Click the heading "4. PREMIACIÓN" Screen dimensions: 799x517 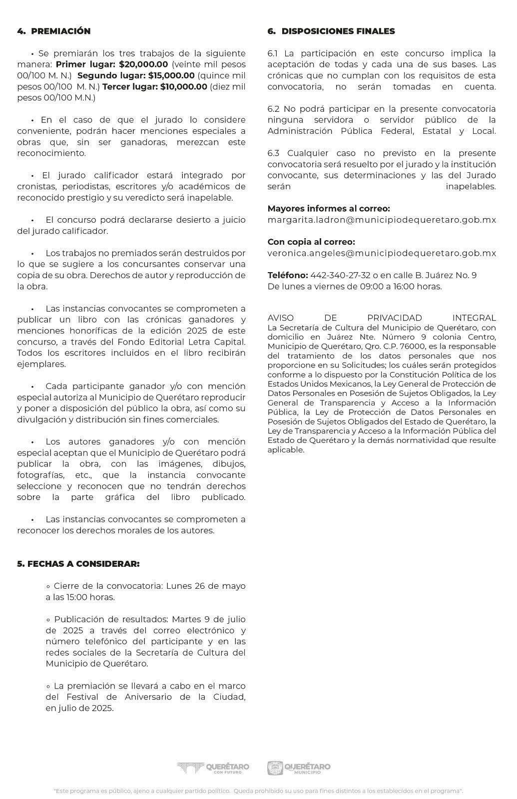coord(54,31)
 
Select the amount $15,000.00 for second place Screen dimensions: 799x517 coord(171,75)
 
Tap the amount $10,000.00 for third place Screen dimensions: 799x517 coord(183,86)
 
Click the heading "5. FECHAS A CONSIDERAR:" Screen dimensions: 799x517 coord(78,564)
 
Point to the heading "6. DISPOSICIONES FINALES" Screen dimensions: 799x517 coord(331,31)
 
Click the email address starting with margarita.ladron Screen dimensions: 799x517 coord(382,220)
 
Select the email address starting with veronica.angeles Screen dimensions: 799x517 coord(382,253)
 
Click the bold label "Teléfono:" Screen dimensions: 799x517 coord(287,275)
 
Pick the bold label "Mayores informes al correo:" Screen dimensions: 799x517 coord(329,209)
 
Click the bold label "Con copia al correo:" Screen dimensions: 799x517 coord(311,242)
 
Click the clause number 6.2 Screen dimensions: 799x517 coord(274,109)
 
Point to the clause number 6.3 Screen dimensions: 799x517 coord(274,153)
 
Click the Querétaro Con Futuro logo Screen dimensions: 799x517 coord(213,768)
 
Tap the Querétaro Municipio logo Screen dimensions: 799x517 coord(299,768)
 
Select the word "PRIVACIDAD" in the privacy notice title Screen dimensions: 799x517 coord(395,318)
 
